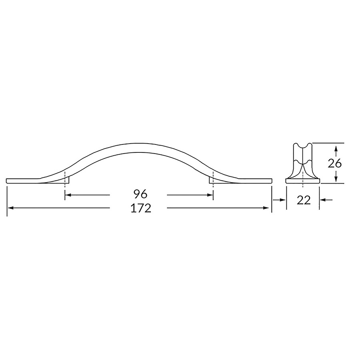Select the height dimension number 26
pos(334,163)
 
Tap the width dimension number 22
pos(304,201)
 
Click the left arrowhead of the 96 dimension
pos(67,195)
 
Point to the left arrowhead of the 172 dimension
pos(10,208)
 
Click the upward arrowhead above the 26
pos(336,148)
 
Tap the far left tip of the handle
pos(8,180)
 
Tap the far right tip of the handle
pos(272,180)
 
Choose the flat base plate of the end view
pos(303,181)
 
